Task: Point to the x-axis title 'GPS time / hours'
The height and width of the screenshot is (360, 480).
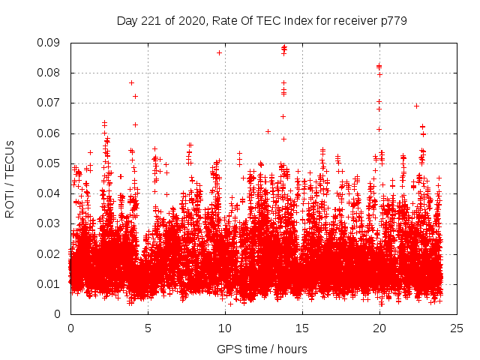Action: click(x=262, y=349)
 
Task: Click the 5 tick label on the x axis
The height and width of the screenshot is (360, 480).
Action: click(x=148, y=328)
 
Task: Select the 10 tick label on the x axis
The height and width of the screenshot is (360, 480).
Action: click(x=225, y=328)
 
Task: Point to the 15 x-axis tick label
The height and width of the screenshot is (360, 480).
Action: click(x=302, y=328)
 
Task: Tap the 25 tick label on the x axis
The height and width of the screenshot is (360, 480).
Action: click(x=457, y=328)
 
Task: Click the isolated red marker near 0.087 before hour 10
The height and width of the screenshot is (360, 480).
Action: click(x=219, y=52)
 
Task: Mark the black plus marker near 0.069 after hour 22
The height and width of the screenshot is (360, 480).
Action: click(x=416, y=106)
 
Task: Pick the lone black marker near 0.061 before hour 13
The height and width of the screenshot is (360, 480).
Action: click(x=268, y=131)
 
